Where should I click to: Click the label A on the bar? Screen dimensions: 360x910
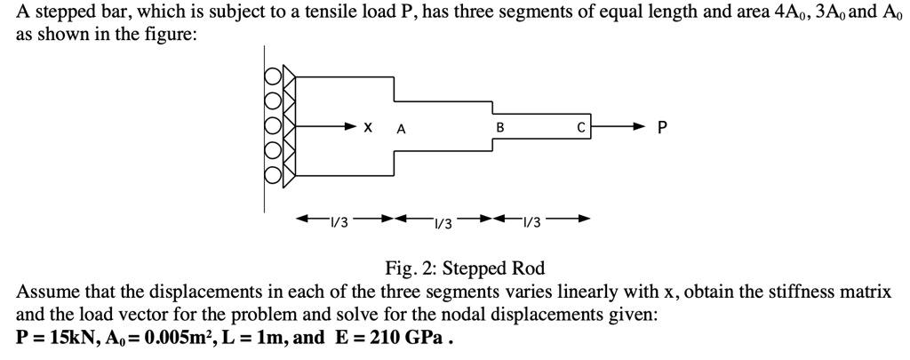coord(401,128)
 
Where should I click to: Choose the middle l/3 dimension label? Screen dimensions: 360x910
coord(441,221)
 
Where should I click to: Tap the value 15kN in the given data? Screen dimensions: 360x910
coord(70,338)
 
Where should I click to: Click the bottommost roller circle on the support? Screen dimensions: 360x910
coord(273,177)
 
